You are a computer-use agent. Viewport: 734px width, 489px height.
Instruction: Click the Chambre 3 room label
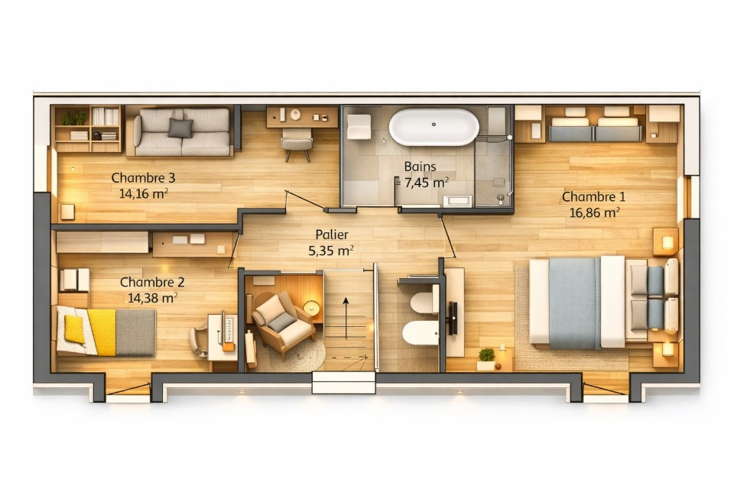143,178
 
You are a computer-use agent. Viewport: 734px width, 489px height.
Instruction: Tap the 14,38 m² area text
153,298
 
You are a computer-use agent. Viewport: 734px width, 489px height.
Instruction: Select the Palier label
331,234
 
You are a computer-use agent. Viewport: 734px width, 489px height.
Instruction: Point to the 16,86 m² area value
595,212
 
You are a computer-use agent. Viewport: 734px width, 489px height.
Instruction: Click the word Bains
420,166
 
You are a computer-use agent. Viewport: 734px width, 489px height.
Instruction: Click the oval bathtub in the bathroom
434,127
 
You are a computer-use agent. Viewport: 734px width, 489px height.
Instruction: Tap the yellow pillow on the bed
74,329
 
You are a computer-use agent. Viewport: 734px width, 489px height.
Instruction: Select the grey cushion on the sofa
180,128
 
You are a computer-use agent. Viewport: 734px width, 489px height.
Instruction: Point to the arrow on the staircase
346,318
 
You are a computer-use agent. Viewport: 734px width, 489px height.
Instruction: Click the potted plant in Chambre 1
486,359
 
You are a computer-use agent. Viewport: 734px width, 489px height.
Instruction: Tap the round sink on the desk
295,114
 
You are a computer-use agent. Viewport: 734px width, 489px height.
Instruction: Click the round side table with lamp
311,307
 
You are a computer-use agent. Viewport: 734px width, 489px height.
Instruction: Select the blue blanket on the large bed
574,303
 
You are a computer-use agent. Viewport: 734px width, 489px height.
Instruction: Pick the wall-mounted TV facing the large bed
453,318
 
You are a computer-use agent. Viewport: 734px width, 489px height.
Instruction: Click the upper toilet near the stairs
423,303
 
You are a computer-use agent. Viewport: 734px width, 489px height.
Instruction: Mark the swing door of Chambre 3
304,200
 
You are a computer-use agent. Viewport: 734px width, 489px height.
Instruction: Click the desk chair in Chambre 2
199,340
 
